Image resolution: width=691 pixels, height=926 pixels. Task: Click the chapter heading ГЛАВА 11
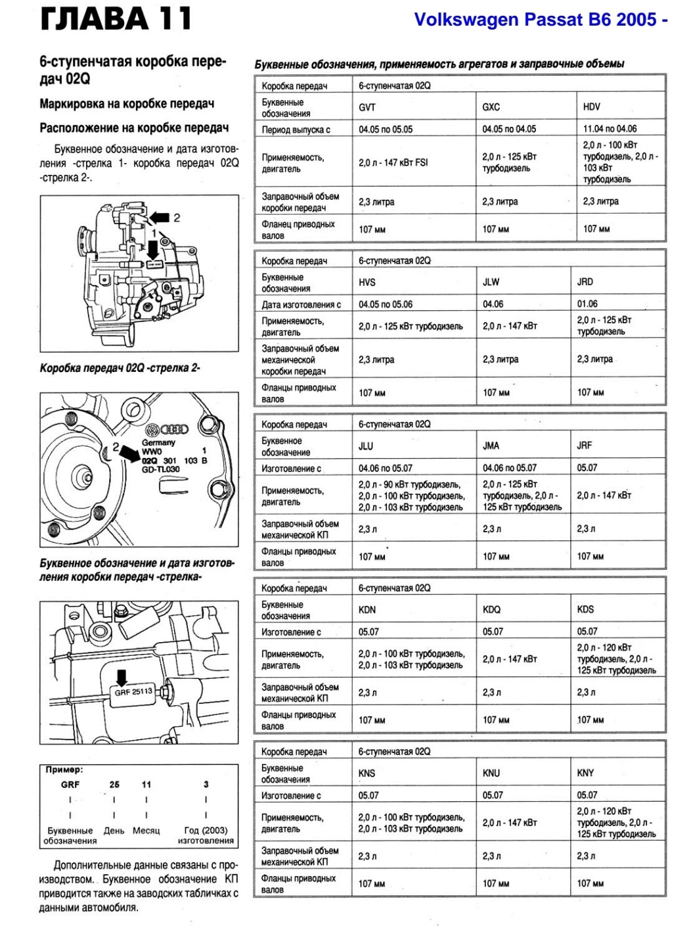[116, 19]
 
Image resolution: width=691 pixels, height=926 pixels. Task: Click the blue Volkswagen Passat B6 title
[541, 20]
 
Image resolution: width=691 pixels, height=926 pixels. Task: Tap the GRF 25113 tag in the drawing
[133, 691]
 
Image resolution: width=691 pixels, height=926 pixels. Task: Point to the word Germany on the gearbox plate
[158, 442]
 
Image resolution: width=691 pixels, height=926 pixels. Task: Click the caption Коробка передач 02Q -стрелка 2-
[120, 368]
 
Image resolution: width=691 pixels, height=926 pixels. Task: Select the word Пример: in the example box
[64, 769]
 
